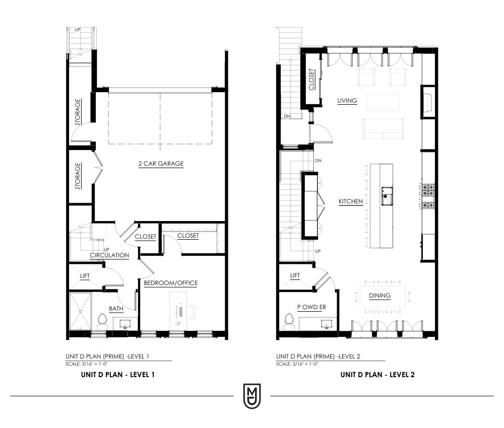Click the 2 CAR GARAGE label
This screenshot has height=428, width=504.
click(161, 164)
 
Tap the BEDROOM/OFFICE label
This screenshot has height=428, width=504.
click(171, 283)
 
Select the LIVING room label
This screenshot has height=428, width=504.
click(347, 101)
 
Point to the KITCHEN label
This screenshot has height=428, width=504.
click(351, 201)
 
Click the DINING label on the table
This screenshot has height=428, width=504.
click(380, 296)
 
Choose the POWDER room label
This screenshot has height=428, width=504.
click(311, 307)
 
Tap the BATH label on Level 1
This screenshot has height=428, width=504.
click(116, 309)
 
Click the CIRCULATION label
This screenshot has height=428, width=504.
click(109, 255)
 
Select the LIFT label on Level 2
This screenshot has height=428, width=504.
click(295, 275)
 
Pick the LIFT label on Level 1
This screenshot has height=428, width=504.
click(85, 276)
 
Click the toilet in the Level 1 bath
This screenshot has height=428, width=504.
click(102, 322)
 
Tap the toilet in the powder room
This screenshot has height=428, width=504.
click(288, 322)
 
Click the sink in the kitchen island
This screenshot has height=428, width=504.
click(387, 196)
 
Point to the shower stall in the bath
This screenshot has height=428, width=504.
click(80, 311)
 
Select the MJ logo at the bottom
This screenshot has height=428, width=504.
click(252, 396)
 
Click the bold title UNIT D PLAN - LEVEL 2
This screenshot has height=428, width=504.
click(377, 375)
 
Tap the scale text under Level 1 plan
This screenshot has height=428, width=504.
click(87, 364)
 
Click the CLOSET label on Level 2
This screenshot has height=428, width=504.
click(311, 80)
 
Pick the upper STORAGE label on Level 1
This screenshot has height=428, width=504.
click(78, 112)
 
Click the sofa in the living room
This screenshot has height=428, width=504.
click(383, 128)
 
